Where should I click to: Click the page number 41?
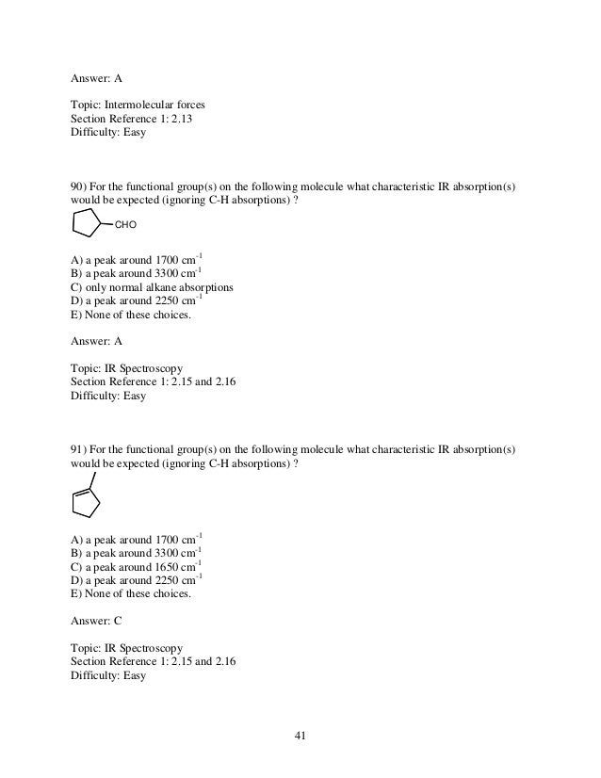pyautogui.click(x=300, y=736)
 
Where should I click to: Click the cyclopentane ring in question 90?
pyautogui.click(x=87, y=224)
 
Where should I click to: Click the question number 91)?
pyautogui.click(x=81, y=446)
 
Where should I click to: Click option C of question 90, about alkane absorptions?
pyautogui.click(x=153, y=286)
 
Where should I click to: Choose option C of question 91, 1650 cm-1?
pyautogui.click(x=137, y=566)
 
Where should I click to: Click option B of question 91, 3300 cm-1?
pyautogui.click(x=137, y=552)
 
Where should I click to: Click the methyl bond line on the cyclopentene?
pyautogui.click(x=92, y=478)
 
